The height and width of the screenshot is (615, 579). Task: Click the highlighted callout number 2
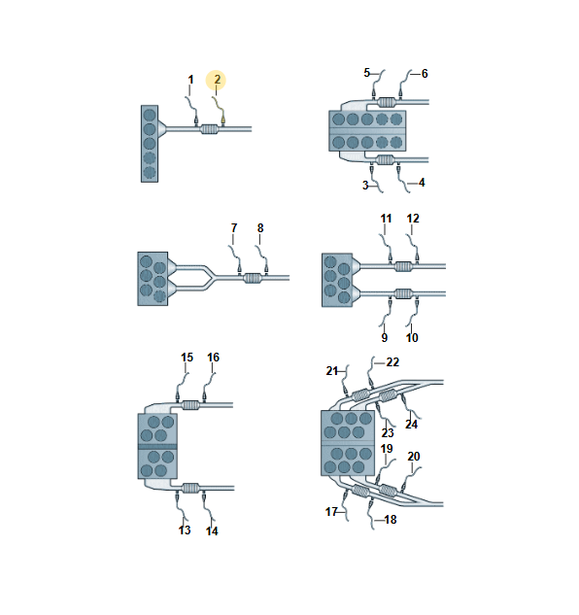point(217,80)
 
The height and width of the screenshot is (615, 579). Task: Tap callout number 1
point(190,80)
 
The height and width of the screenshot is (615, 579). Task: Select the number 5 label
point(367,73)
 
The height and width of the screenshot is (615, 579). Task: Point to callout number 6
point(425,73)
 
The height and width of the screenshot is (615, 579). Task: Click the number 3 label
point(365,186)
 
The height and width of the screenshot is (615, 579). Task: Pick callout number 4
point(422,183)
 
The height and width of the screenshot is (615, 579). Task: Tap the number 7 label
point(234,228)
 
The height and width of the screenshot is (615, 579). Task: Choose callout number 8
point(260,228)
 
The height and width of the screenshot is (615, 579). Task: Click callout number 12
point(413,219)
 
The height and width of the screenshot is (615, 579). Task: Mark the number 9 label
point(385,338)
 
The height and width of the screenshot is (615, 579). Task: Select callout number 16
point(214,358)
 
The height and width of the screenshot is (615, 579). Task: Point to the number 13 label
point(185,530)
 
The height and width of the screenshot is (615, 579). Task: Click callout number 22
point(392,362)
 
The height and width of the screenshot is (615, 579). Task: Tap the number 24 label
point(411,425)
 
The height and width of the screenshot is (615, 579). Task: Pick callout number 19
point(387,449)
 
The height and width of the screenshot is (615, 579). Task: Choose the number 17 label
point(331,512)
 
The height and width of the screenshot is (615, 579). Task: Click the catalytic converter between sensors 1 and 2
point(209,129)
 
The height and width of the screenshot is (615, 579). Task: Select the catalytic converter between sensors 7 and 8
point(253,278)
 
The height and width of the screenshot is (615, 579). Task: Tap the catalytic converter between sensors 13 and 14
point(191,489)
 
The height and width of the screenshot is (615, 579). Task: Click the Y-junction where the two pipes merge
point(211,278)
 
